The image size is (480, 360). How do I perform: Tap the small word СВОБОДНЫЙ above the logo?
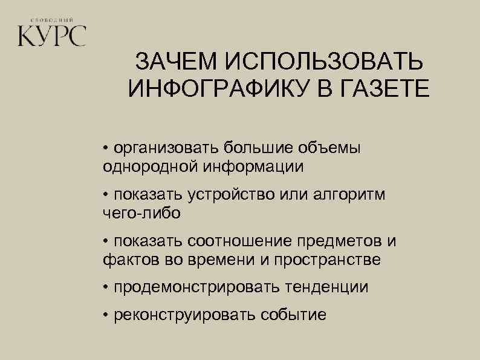[x=52, y=19]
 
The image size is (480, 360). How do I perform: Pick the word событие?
[x=293, y=315]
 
